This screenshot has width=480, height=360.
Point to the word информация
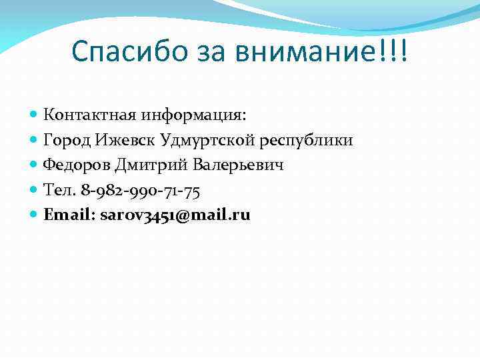point(193,115)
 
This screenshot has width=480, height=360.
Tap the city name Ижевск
point(125,140)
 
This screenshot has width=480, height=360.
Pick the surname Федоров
point(76,165)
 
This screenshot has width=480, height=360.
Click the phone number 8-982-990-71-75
point(141,190)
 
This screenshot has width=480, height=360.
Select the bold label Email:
point(69,215)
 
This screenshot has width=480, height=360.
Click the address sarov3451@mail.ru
point(175,215)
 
